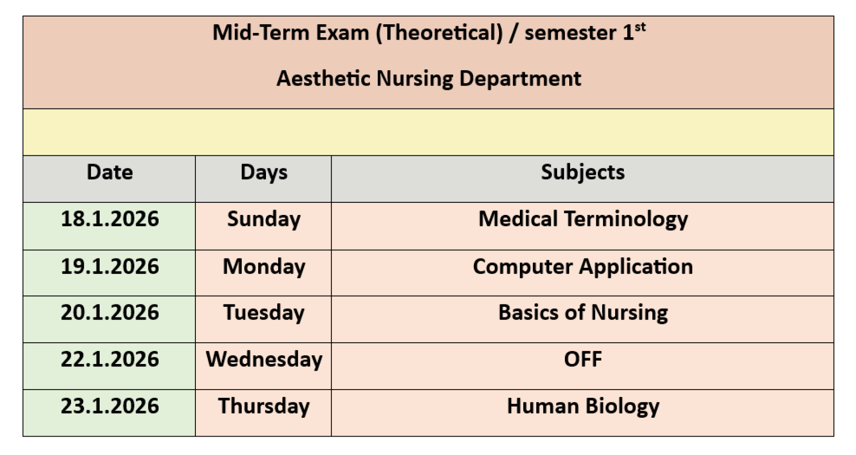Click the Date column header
pyautogui.click(x=110, y=172)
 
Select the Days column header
pyautogui.click(x=264, y=172)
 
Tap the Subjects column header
pyautogui.click(x=583, y=172)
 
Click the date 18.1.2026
pyautogui.click(x=110, y=219)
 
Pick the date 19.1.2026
pyautogui.click(x=110, y=266)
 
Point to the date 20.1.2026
pyautogui.click(x=110, y=313)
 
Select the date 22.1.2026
pyautogui.click(x=110, y=359)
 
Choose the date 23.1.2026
pyautogui.click(x=110, y=406)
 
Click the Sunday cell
pyautogui.click(x=264, y=219)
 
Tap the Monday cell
pyautogui.click(x=264, y=266)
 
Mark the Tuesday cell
pyautogui.click(x=264, y=313)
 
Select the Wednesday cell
pyautogui.click(x=264, y=359)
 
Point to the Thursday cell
pyautogui.click(x=264, y=406)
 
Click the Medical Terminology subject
pyautogui.click(x=583, y=219)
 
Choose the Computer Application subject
pyautogui.click(x=583, y=266)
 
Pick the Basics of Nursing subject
pyautogui.click(x=583, y=313)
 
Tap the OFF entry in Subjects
pyautogui.click(x=583, y=359)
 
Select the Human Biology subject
pyautogui.click(x=583, y=406)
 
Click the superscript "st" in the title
pyautogui.click(x=640, y=27)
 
